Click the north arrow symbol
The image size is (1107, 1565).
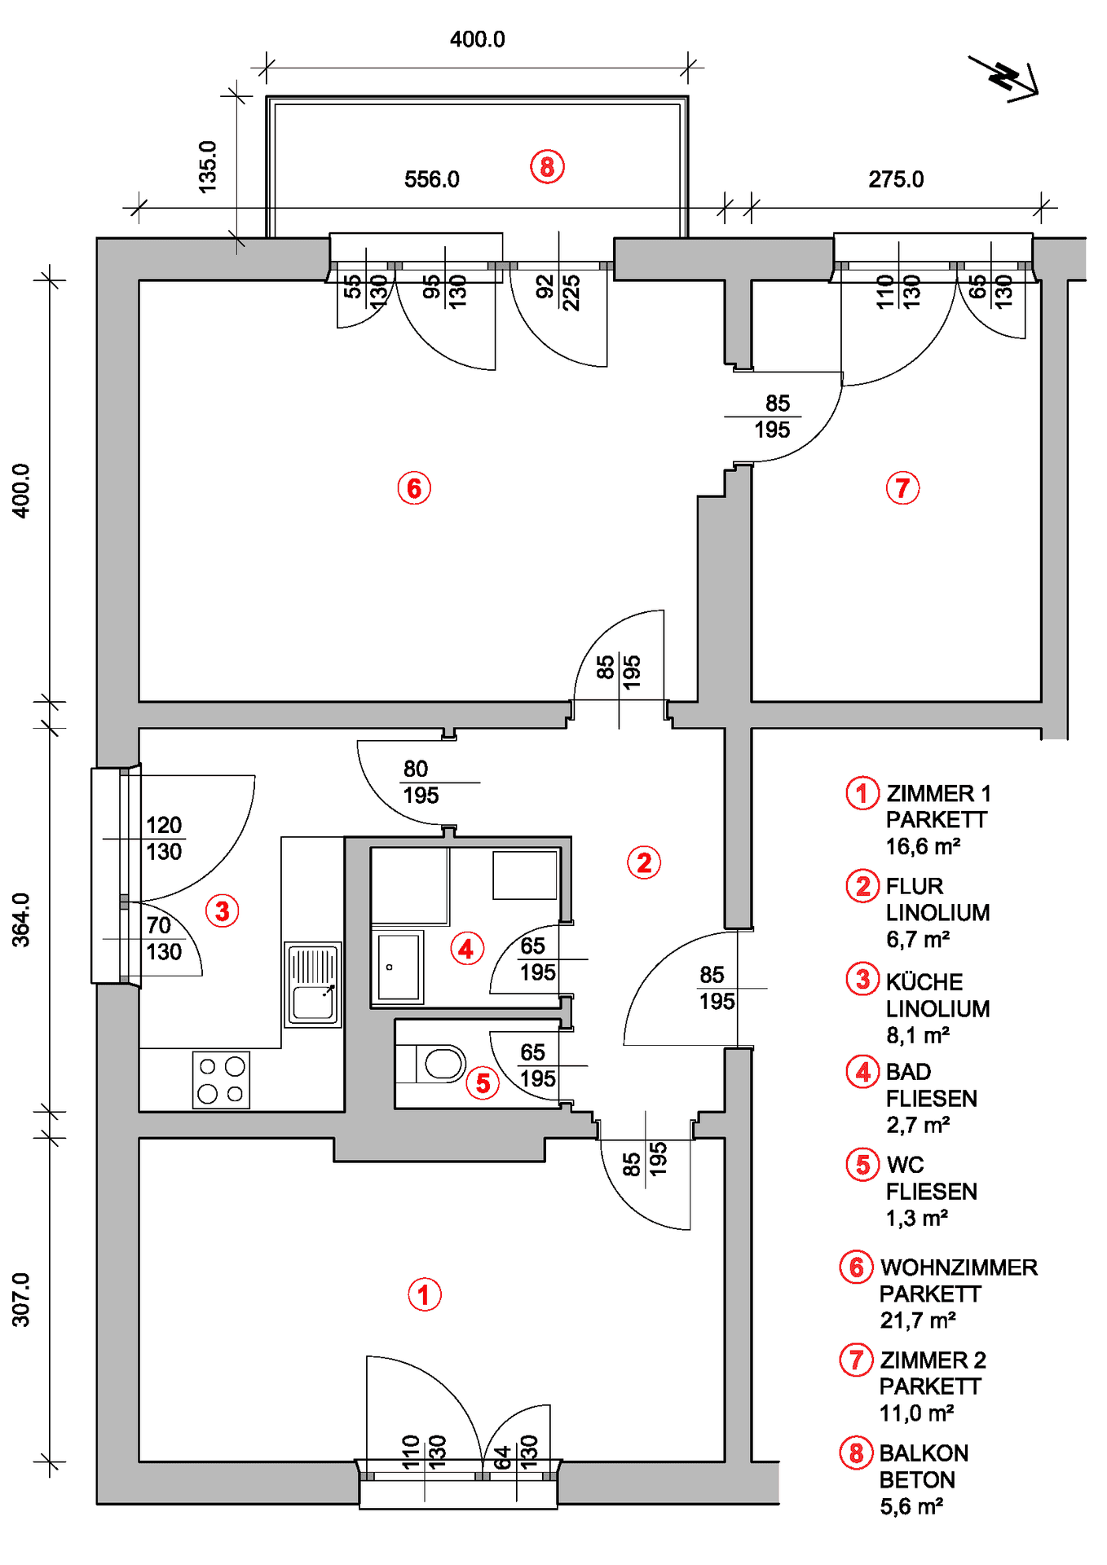(x=1005, y=78)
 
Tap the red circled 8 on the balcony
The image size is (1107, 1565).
(x=547, y=167)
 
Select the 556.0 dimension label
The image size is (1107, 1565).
(x=431, y=179)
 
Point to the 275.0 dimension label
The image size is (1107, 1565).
(x=895, y=179)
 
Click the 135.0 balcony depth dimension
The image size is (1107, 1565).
(x=208, y=166)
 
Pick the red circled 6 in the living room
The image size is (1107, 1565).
(x=414, y=488)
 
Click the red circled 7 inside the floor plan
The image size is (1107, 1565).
(x=902, y=488)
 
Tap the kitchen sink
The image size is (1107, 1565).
(x=313, y=984)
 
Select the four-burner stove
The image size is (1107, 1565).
(x=221, y=1080)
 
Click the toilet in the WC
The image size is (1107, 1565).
(x=440, y=1064)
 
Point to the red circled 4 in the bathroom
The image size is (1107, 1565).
(x=466, y=949)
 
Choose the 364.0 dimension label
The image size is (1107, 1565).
(x=20, y=919)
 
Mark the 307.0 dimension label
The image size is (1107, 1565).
(x=20, y=1300)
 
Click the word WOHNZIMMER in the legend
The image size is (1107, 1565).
(x=959, y=1267)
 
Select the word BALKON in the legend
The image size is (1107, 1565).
(x=924, y=1453)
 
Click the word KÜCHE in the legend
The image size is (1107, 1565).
(x=924, y=982)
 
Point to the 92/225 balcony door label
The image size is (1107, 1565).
(x=558, y=292)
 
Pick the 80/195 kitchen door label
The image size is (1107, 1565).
(x=421, y=782)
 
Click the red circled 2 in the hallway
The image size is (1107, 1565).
(x=644, y=862)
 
